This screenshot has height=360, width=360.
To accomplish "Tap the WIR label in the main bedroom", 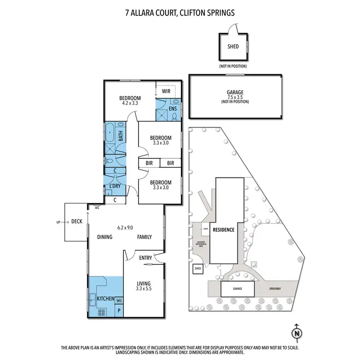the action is [166, 91].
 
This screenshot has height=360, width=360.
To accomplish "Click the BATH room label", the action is [121, 135].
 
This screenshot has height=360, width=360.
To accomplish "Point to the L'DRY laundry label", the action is [115, 186].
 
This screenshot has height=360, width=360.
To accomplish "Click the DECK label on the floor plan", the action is [77, 222].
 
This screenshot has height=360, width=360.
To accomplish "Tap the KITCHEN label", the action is [106, 299].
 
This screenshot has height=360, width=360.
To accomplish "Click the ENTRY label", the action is [145, 258].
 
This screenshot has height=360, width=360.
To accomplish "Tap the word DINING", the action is [105, 237].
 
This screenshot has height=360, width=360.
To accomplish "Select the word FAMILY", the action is [144, 237].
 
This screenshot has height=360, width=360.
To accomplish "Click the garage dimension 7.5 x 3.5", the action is [235, 97].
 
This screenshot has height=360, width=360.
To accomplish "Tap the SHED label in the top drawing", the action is [233, 47].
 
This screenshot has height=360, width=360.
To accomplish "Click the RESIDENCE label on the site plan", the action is [224, 230].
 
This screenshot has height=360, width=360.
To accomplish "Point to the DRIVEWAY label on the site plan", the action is [275, 289].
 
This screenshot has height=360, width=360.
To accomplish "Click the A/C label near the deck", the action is [97, 208].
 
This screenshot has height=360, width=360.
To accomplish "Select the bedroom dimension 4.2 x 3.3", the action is [130, 102].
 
